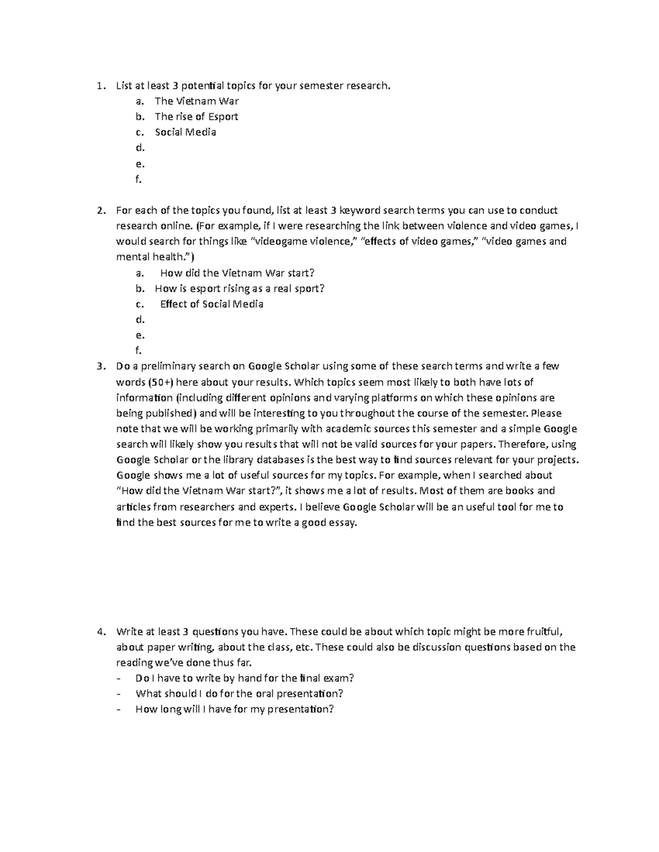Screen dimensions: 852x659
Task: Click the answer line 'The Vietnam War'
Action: pos(197,101)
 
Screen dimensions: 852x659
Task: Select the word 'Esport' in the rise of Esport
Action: pos(222,116)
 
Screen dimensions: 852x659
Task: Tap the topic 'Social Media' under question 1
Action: pos(185,132)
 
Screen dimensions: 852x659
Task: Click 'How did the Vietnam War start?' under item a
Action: pos(237,273)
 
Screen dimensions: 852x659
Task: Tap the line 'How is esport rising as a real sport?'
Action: pos(239,289)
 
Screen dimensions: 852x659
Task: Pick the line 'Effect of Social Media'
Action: pos(211,304)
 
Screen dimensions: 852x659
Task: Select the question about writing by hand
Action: pos(244,678)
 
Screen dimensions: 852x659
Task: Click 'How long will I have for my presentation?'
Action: pos(234,709)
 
